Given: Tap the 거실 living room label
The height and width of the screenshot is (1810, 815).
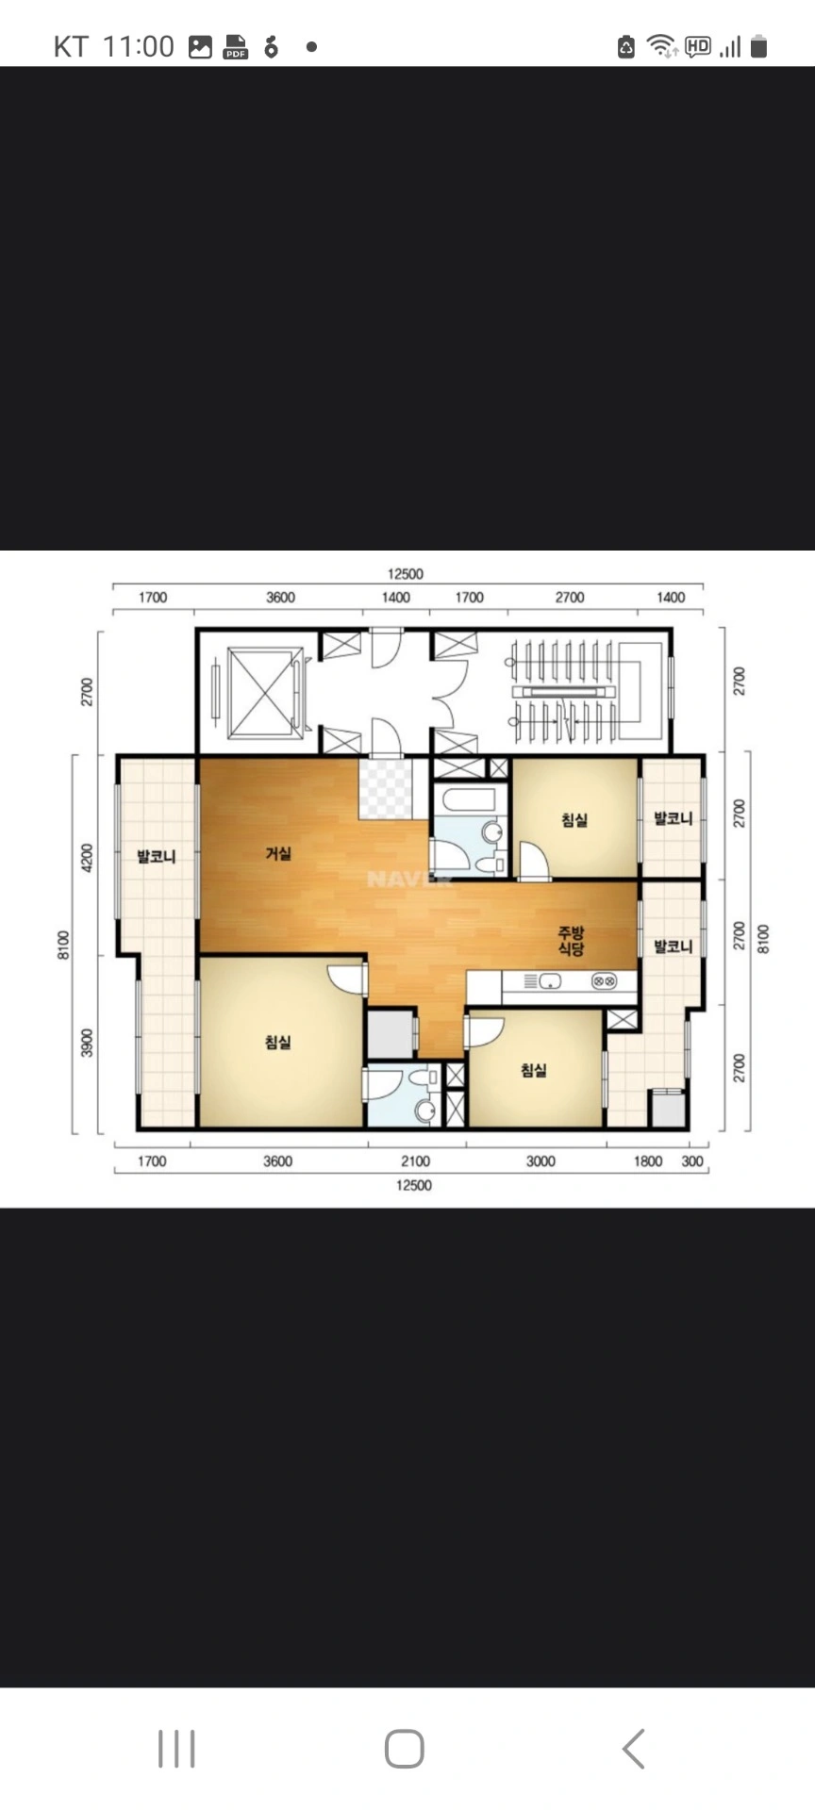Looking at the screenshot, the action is coord(278,853).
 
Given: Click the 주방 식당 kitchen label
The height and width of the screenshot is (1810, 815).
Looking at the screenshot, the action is coord(571,941).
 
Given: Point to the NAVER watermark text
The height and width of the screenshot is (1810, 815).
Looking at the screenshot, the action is coord(409,880).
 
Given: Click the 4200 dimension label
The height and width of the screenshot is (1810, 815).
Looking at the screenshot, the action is coord(87,859).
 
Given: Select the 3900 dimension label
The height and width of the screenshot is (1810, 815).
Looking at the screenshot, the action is coord(87,1043).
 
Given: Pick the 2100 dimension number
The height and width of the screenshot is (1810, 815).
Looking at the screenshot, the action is coord(415,1161).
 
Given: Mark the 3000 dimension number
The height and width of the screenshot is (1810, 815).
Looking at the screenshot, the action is coord(541,1161).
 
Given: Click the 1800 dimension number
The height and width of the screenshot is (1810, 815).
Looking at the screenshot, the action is coord(648,1161).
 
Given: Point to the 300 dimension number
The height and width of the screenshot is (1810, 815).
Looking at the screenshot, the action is coord(692,1161).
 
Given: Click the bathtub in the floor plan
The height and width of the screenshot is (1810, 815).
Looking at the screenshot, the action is coord(469,800).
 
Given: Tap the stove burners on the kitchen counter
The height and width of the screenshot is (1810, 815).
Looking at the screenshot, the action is coord(604,981).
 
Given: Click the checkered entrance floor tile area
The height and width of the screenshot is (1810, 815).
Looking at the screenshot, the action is coord(386,788).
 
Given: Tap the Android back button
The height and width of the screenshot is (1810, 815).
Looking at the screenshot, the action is coord(634,1749).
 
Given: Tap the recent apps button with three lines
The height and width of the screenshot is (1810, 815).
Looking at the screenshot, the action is coord(176,1749).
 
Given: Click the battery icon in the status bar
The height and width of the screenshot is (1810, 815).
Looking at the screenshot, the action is coord(759,45).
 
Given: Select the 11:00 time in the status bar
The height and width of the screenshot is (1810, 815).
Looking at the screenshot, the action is coord(138,46).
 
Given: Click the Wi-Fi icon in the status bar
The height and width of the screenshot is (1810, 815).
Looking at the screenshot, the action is coord(661,45).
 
